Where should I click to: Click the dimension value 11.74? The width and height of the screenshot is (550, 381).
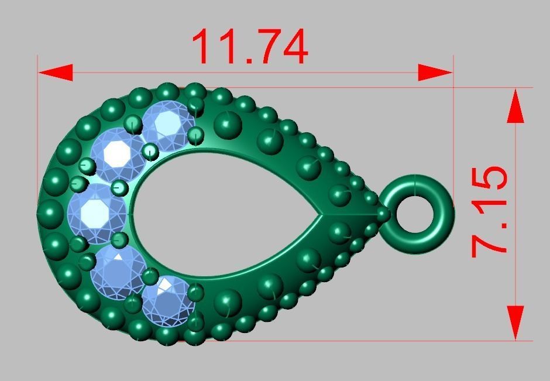click(x=250, y=47)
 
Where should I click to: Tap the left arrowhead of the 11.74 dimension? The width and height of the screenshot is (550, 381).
click(x=56, y=73)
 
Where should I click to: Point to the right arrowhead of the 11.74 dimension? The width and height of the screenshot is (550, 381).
click(x=435, y=73)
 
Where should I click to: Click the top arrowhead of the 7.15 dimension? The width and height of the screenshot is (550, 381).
click(x=515, y=106)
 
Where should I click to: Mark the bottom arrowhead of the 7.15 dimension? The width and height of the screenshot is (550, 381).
click(x=515, y=321)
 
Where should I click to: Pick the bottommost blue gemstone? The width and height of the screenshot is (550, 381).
click(x=169, y=300)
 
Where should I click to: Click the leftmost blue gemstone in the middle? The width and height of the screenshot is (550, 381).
click(x=97, y=213)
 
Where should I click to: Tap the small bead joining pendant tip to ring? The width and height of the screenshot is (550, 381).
click(x=383, y=215)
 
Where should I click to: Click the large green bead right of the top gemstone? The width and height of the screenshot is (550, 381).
click(x=228, y=124)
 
